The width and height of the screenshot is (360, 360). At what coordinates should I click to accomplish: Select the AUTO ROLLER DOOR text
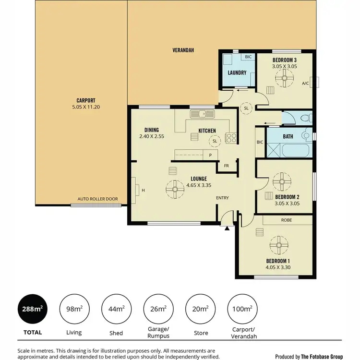98,199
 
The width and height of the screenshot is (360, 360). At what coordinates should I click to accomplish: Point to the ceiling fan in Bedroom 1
278,245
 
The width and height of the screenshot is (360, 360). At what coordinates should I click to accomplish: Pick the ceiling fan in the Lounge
175,189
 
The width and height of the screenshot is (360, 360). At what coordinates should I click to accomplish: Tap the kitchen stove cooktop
231,138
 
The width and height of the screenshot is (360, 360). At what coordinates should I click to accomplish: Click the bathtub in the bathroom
296,150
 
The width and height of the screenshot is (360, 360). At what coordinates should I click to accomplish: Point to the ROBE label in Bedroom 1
287,220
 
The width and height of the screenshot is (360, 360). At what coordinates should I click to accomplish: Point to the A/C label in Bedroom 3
305,84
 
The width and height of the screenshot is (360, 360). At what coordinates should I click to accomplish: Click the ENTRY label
222,198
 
